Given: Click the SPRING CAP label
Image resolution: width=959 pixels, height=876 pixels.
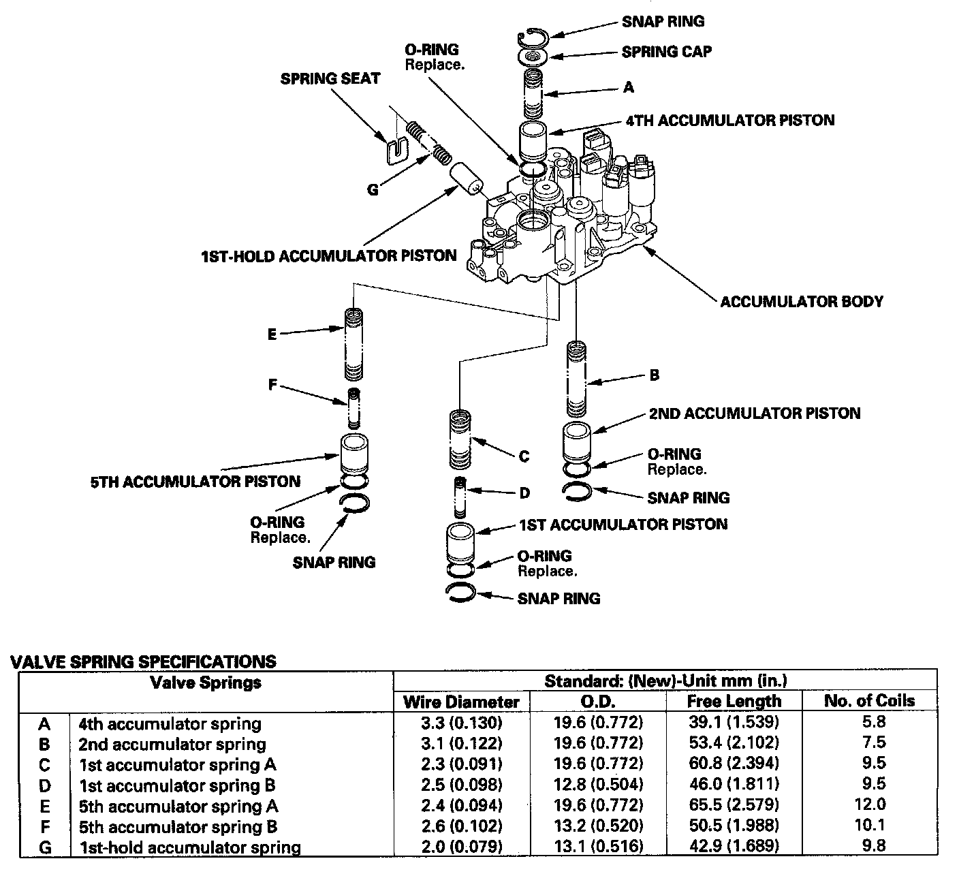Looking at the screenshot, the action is point(666,52).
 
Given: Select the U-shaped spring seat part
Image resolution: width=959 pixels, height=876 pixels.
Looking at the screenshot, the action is point(397,150).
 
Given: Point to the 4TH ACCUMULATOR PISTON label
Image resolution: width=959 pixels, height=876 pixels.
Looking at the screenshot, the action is point(730,120).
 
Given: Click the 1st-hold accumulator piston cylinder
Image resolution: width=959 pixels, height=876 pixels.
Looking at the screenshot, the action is point(467,178).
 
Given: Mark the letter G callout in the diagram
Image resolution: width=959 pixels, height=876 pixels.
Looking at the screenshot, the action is point(373,190).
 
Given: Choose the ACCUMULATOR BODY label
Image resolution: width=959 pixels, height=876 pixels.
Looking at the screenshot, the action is point(802,302).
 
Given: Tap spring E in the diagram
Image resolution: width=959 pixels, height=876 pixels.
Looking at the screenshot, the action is point(353,344).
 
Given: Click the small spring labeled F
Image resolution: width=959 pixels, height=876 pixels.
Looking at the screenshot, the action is point(353,409).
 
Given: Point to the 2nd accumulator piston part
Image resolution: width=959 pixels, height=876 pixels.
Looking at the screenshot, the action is point(577,443).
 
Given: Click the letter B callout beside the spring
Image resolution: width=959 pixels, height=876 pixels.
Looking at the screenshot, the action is point(655,375).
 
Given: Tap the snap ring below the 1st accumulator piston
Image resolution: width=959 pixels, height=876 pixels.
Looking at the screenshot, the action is point(460,593).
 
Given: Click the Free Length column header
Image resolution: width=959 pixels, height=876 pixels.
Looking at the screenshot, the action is point(734,701).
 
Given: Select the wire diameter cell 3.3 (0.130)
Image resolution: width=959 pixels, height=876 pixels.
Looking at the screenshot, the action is point(461,723).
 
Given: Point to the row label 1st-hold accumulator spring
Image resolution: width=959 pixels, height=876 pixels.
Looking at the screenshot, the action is point(190,848).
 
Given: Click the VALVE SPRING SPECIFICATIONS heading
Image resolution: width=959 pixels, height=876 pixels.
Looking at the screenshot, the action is point(144,662).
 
